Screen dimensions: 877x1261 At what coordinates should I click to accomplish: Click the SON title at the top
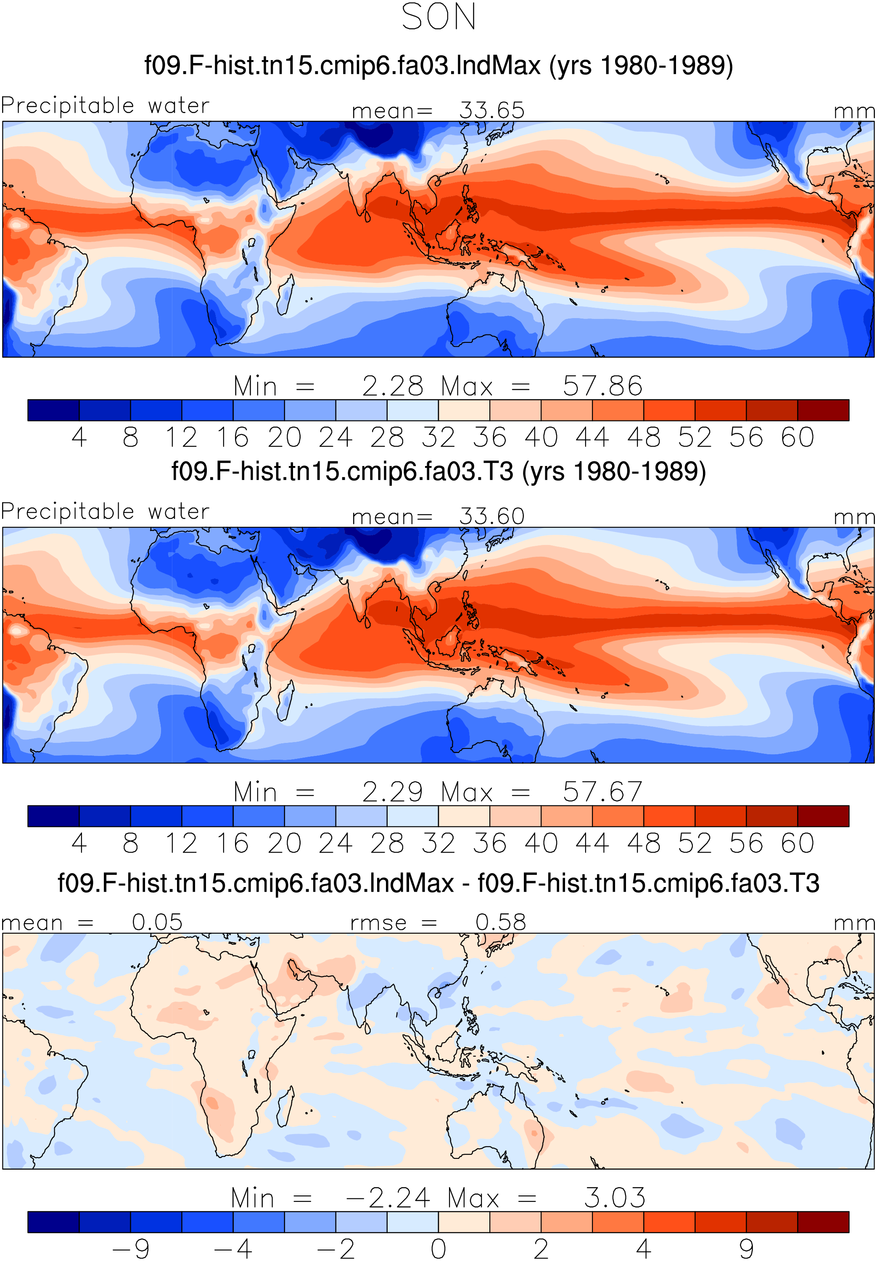pos(438,17)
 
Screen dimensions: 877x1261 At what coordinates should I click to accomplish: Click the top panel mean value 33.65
pos(492,111)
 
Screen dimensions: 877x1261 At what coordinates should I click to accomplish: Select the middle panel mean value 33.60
pos(492,516)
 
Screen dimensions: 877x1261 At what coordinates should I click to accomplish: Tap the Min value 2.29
pos(392,792)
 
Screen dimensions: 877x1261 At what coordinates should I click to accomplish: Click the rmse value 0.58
pos(501,922)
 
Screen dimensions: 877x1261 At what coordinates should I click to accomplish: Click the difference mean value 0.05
pos(157,922)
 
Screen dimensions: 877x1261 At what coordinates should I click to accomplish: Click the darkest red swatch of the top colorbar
pos(823,410)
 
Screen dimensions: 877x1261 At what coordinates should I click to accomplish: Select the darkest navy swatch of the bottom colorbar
pos(53,1222)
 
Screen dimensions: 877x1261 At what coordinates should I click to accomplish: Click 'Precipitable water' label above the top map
pos(105,105)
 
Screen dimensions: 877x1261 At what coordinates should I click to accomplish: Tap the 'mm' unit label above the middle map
pos(854,517)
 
